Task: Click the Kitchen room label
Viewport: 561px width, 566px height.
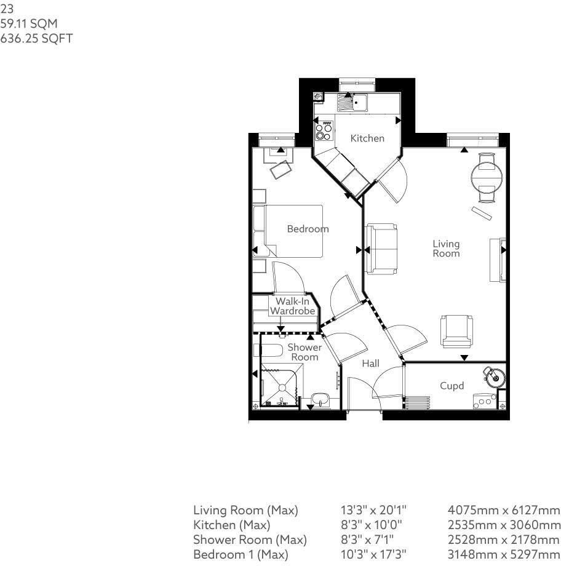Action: point(367,138)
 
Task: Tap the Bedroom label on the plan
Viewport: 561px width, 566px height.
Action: point(308,229)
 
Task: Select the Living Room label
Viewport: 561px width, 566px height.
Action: point(446,249)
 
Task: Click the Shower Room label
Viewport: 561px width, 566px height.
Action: point(304,352)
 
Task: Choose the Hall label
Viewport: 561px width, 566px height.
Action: point(370,364)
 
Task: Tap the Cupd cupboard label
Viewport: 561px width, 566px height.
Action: point(452,386)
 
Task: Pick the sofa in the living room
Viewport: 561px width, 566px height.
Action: point(381,249)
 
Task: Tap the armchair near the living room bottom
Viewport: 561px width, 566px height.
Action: point(457,331)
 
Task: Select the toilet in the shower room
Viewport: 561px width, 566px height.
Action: point(268,351)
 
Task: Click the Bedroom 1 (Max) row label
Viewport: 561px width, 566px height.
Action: point(241,554)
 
